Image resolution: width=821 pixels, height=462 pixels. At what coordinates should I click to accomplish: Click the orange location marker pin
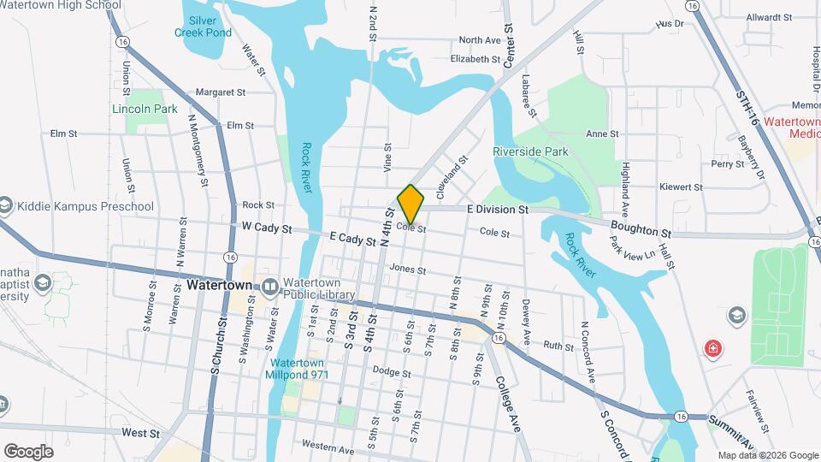pyautogui.click(x=411, y=204)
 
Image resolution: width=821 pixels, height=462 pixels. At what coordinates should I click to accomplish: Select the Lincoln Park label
pyautogui.click(x=145, y=109)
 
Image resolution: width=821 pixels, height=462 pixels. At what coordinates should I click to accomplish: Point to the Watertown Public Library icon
pyautogui.click(x=270, y=286)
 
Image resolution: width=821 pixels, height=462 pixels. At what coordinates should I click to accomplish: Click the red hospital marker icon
pyautogui.click(x=712, y=348)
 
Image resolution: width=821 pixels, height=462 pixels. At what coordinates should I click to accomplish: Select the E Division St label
pyautogui.click(x=498, y=209)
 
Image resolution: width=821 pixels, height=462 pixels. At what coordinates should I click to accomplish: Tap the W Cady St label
pyautogui.click(x=267, y=229)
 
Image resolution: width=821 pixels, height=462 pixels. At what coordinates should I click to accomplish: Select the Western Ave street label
pyautogui.click(x=328, y=448)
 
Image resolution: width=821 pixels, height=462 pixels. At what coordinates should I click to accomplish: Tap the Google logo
pyautogui.click(x=28, y=451)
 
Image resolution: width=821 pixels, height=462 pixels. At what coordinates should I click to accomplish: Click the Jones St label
pyautogui.click(x=407, y=269)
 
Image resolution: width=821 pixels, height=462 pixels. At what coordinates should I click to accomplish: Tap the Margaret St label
pyautogui.click(x=220, y=92)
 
